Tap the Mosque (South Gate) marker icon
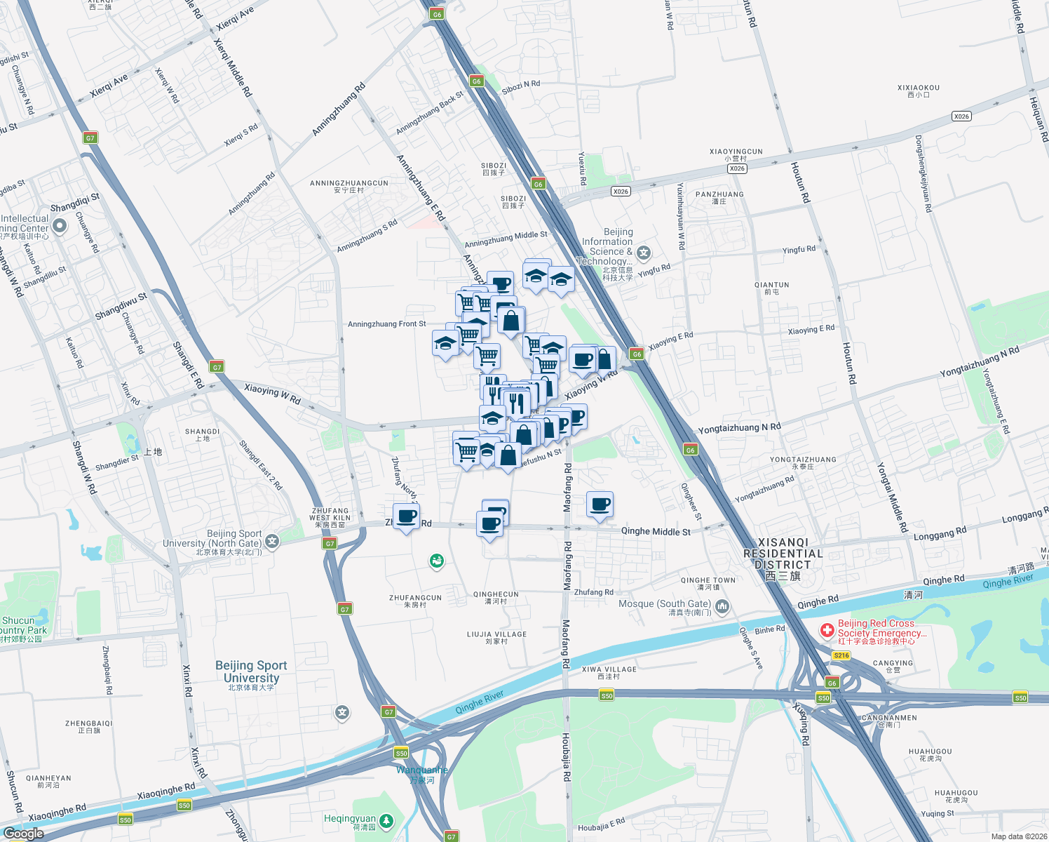(x=722, y=606)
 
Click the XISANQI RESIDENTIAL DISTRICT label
(x=783, y=559)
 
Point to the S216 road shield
(x=841, y=655)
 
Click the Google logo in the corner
(x=23, y=834)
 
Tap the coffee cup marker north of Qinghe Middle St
(x=600, y=504)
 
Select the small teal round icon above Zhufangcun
(x=437, y=561)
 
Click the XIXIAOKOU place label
(x=918, y=91)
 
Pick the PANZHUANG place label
(x=719, y=197)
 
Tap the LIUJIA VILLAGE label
(x=496, y=637)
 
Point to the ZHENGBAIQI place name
(x=88, y=726)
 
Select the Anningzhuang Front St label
(x=387, y=324)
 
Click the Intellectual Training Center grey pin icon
(x=60, y=225)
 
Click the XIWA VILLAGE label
(x=609, y=672)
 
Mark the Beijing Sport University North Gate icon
(x=272, y=541)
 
